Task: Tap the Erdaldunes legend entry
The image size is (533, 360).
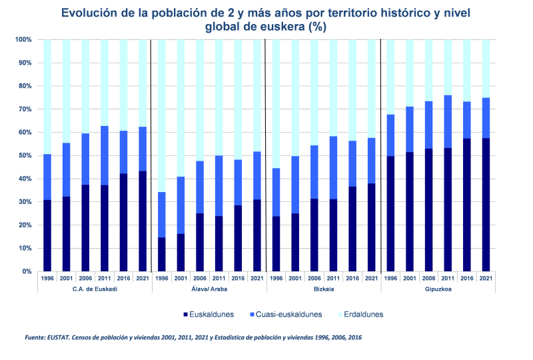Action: (364, 314)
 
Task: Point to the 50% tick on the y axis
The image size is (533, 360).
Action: (23, 155)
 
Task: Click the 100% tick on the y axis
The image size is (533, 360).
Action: (22, 40)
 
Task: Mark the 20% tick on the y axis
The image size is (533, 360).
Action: (23, 225)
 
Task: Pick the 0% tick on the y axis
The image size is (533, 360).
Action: (25, 271)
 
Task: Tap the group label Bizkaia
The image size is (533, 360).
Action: (323, 289)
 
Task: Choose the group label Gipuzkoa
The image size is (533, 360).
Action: (438, 289)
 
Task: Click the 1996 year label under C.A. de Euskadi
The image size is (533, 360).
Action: (47, 279)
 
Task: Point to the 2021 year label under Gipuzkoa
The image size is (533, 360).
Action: (486, 279)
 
